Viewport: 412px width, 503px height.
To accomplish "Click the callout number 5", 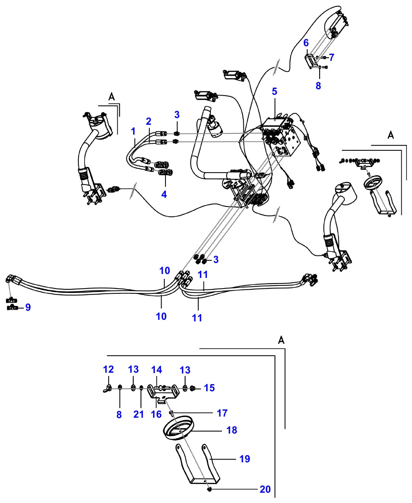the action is point(275,91).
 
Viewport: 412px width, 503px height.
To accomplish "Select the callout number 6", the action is point(306,43).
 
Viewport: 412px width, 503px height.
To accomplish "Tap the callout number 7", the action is point(331,57).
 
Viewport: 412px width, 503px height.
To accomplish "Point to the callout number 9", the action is point(28,307).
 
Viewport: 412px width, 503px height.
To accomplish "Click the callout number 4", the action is point(164,194).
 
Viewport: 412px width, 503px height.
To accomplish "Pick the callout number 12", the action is point(108,370).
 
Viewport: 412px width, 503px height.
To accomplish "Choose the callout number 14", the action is point(157,370).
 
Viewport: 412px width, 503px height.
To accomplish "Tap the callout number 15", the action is point(209,388).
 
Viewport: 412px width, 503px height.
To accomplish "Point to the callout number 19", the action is point(245,459).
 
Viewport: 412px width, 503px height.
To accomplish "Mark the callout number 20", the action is point(265,490).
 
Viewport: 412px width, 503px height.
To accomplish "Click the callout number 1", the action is point(133,131).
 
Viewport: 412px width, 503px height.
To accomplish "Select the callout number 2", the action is point(149,122).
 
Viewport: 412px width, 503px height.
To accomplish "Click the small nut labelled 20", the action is point(209,490).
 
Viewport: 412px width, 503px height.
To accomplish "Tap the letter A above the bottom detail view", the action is point(282,340).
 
